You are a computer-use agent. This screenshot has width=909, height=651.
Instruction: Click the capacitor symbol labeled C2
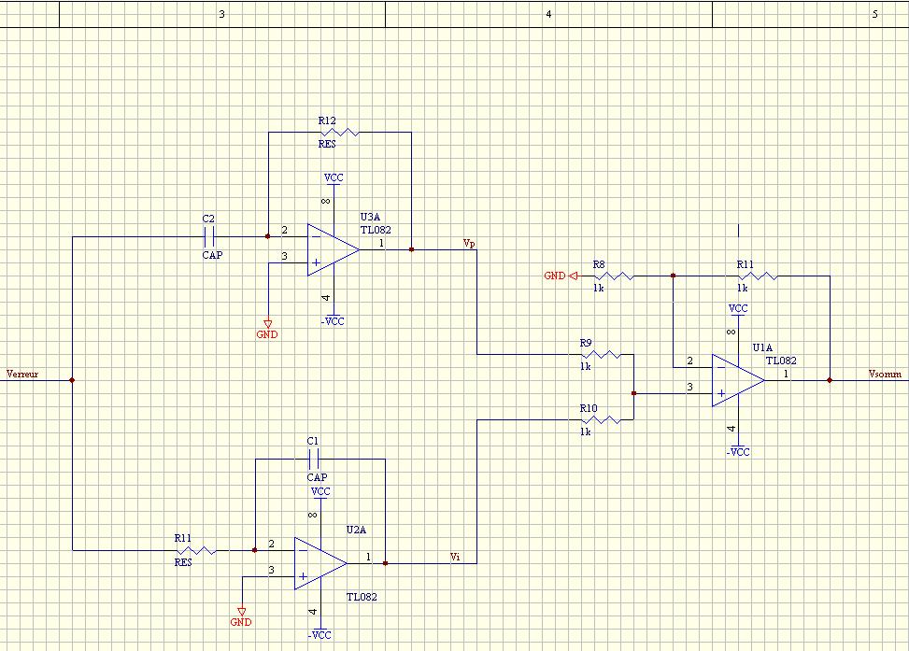point(209,236)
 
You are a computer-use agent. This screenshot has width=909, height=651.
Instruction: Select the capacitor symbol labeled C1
point(314,459)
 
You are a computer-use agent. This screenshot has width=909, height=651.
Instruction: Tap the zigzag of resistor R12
point(339,133)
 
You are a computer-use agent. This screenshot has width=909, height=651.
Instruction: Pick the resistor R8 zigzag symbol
point(614,276)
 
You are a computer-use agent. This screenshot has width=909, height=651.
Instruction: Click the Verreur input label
point(22,374)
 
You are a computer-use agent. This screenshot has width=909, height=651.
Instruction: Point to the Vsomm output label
point(885,374)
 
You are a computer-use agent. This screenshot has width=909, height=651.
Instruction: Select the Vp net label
point(469,243)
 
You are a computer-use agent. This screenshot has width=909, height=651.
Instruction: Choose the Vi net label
point(455,557)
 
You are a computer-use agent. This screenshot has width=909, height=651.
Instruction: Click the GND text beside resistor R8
point(555,276)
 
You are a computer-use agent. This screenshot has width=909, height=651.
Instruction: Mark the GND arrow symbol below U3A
point(267,323)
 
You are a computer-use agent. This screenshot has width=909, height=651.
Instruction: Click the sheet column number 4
point(548,14)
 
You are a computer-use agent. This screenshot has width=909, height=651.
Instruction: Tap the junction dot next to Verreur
point(72,380)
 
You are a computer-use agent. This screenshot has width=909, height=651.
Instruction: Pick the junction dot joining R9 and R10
point(633,393)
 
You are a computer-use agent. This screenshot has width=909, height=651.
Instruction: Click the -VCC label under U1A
point(738,452)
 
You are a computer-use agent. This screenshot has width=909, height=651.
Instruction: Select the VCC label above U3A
point(334,177)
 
